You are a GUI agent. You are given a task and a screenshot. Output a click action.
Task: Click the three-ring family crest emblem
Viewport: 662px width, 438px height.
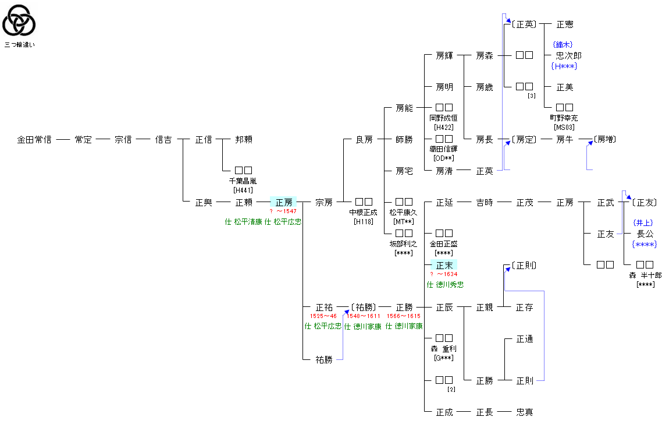click(x=19, y=20)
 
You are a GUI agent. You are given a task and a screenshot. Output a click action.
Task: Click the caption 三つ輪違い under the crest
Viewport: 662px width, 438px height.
click(x=20, y=44)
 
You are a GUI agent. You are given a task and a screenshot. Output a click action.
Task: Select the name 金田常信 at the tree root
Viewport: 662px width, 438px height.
click(x=34, y=140)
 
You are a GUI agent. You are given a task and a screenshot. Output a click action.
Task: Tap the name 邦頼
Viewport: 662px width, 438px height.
click(x=244, y=140)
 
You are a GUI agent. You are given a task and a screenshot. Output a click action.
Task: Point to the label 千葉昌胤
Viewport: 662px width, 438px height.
click(x=243, y=181)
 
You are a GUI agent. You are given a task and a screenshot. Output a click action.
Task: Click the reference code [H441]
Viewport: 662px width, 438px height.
click(x=243, y=190)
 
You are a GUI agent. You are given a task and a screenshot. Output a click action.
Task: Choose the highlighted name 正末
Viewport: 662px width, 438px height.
click(x=444, y=265)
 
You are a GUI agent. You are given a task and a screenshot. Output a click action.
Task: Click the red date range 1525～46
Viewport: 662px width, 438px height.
click(x=323, y=316)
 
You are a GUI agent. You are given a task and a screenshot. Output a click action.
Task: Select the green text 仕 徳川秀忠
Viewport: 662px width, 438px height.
click(x=445, y=285)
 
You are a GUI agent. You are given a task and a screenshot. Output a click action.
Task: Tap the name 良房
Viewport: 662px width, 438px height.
click(x=364, y=140)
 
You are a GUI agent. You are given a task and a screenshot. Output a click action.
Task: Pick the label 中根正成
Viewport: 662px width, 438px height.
click(x=363, y=212)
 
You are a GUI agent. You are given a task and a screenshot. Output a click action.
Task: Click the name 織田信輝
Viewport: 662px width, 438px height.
click(x=444, y=149)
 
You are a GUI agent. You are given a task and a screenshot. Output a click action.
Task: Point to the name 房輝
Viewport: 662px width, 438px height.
click(x=444, y=56)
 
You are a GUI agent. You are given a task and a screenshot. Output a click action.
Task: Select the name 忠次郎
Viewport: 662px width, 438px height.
click(x=569, y=55)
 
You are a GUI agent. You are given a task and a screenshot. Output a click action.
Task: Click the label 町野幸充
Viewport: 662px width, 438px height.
click(x=564, y=118)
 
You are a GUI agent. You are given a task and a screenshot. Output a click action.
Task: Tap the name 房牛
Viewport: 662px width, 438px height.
click(x=565, y=140)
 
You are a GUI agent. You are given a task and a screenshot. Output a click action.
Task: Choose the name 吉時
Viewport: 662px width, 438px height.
click(x=484, y=203)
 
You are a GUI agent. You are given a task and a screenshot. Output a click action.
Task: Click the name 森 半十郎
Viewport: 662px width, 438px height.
click(x=645, y=275)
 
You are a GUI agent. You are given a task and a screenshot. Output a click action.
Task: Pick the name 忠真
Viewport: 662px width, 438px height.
click(x=525, y=412)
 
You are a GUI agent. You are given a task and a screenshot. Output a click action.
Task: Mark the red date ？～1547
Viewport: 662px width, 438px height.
click(x=283, y=211)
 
